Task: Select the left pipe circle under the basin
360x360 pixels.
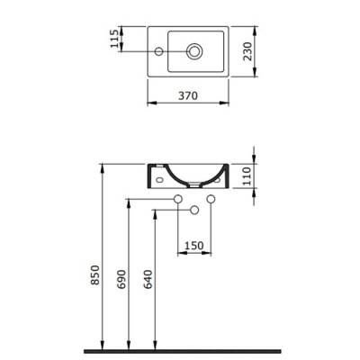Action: (x=178, y=198)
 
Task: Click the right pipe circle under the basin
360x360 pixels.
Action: (x=211, y=198)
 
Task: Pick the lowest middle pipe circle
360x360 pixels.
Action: (x=193, y=211)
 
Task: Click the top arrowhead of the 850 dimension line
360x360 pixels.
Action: (x=106, y=167)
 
